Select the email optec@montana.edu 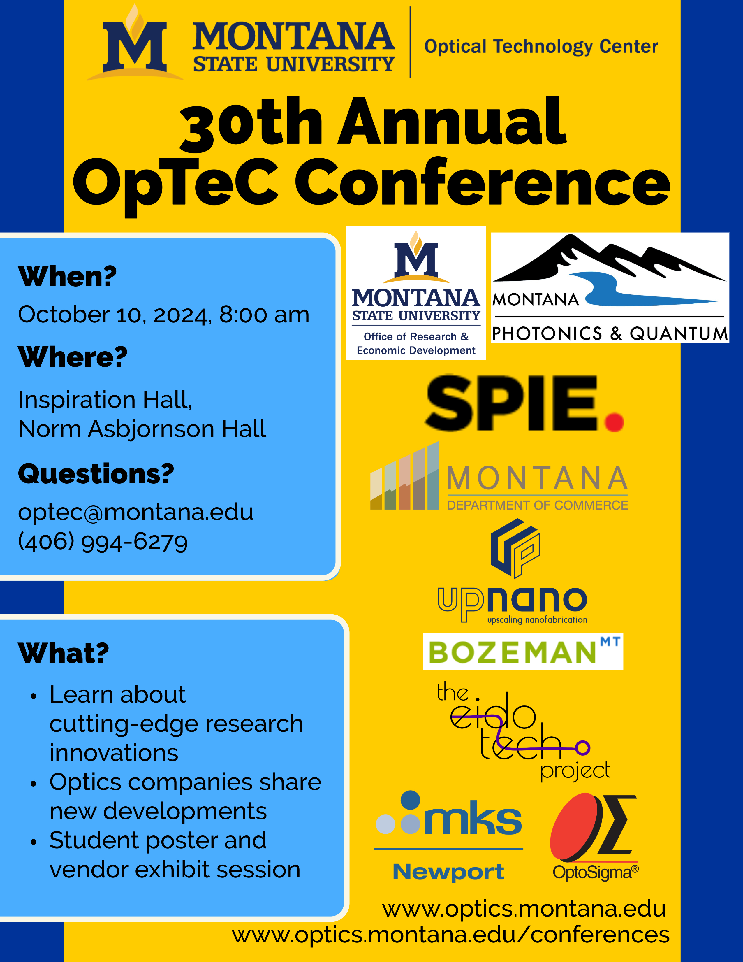tap(135, 512)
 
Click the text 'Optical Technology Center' tap(541, 46)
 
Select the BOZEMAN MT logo tap(523, 652)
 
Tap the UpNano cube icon tap(515, 548)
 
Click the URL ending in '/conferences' tap(451, 934)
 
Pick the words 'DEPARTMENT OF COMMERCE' tap(538, 505)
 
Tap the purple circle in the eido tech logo tap(583, 747)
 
